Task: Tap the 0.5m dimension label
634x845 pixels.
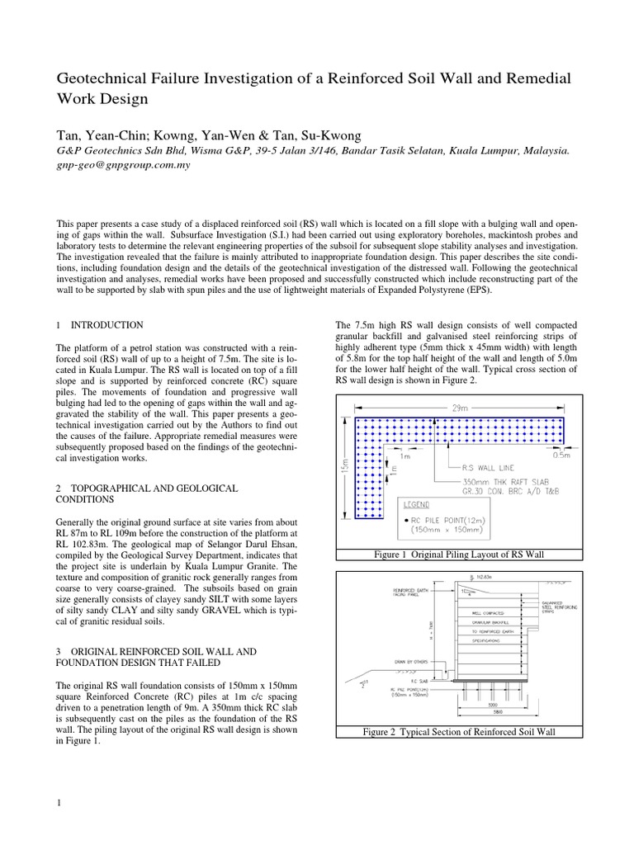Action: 562,452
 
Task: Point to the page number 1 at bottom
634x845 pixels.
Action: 59,803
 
